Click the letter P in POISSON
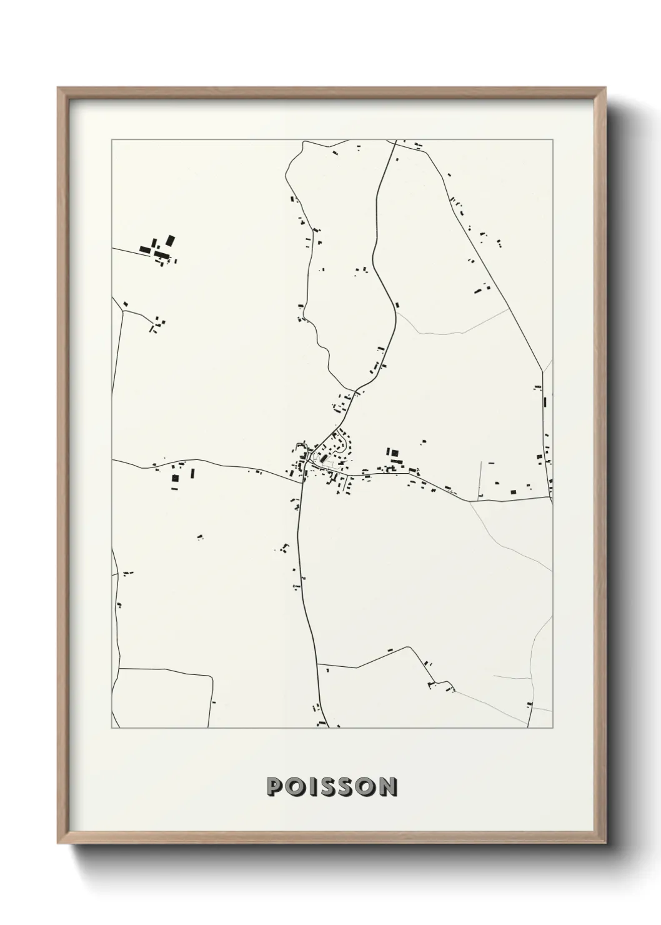click(274, 787)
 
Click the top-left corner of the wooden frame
click(58, 87)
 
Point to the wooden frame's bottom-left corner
click(58, 844)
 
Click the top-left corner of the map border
click(112, 140)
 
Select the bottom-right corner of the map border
click(553, 727)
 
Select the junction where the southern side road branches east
click(317, 664)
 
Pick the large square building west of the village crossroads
click(175, 478)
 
